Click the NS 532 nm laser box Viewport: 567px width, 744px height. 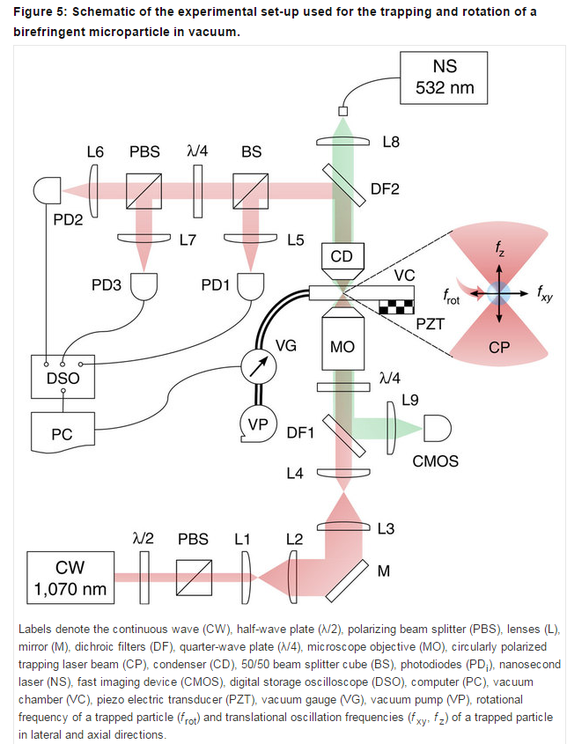[x=444, y=77]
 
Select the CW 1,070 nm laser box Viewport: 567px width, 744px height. [x=70, y=578]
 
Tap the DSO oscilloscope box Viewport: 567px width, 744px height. [x=63, y=377]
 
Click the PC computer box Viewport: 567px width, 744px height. [x=63, y=431]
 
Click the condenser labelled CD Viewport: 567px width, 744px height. [x=342, y=262]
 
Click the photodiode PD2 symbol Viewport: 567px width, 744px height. [x=47, y=191]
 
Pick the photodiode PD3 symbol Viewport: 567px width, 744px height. [x=144, y=286]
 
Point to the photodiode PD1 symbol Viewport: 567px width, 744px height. [x=251, y=286]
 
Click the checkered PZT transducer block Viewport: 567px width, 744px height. [x=397, y=306]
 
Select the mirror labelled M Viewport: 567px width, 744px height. [x=347, y=581]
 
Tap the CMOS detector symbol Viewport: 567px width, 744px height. [x=437, y=429]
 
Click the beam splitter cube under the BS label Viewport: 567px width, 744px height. [x=251, y=191]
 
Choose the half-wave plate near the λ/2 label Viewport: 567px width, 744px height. [x=144, y=578]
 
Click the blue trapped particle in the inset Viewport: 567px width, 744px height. [x=498, y=294]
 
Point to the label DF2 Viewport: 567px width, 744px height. [x=385, y=189]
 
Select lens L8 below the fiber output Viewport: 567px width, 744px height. [x=342, y=142]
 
